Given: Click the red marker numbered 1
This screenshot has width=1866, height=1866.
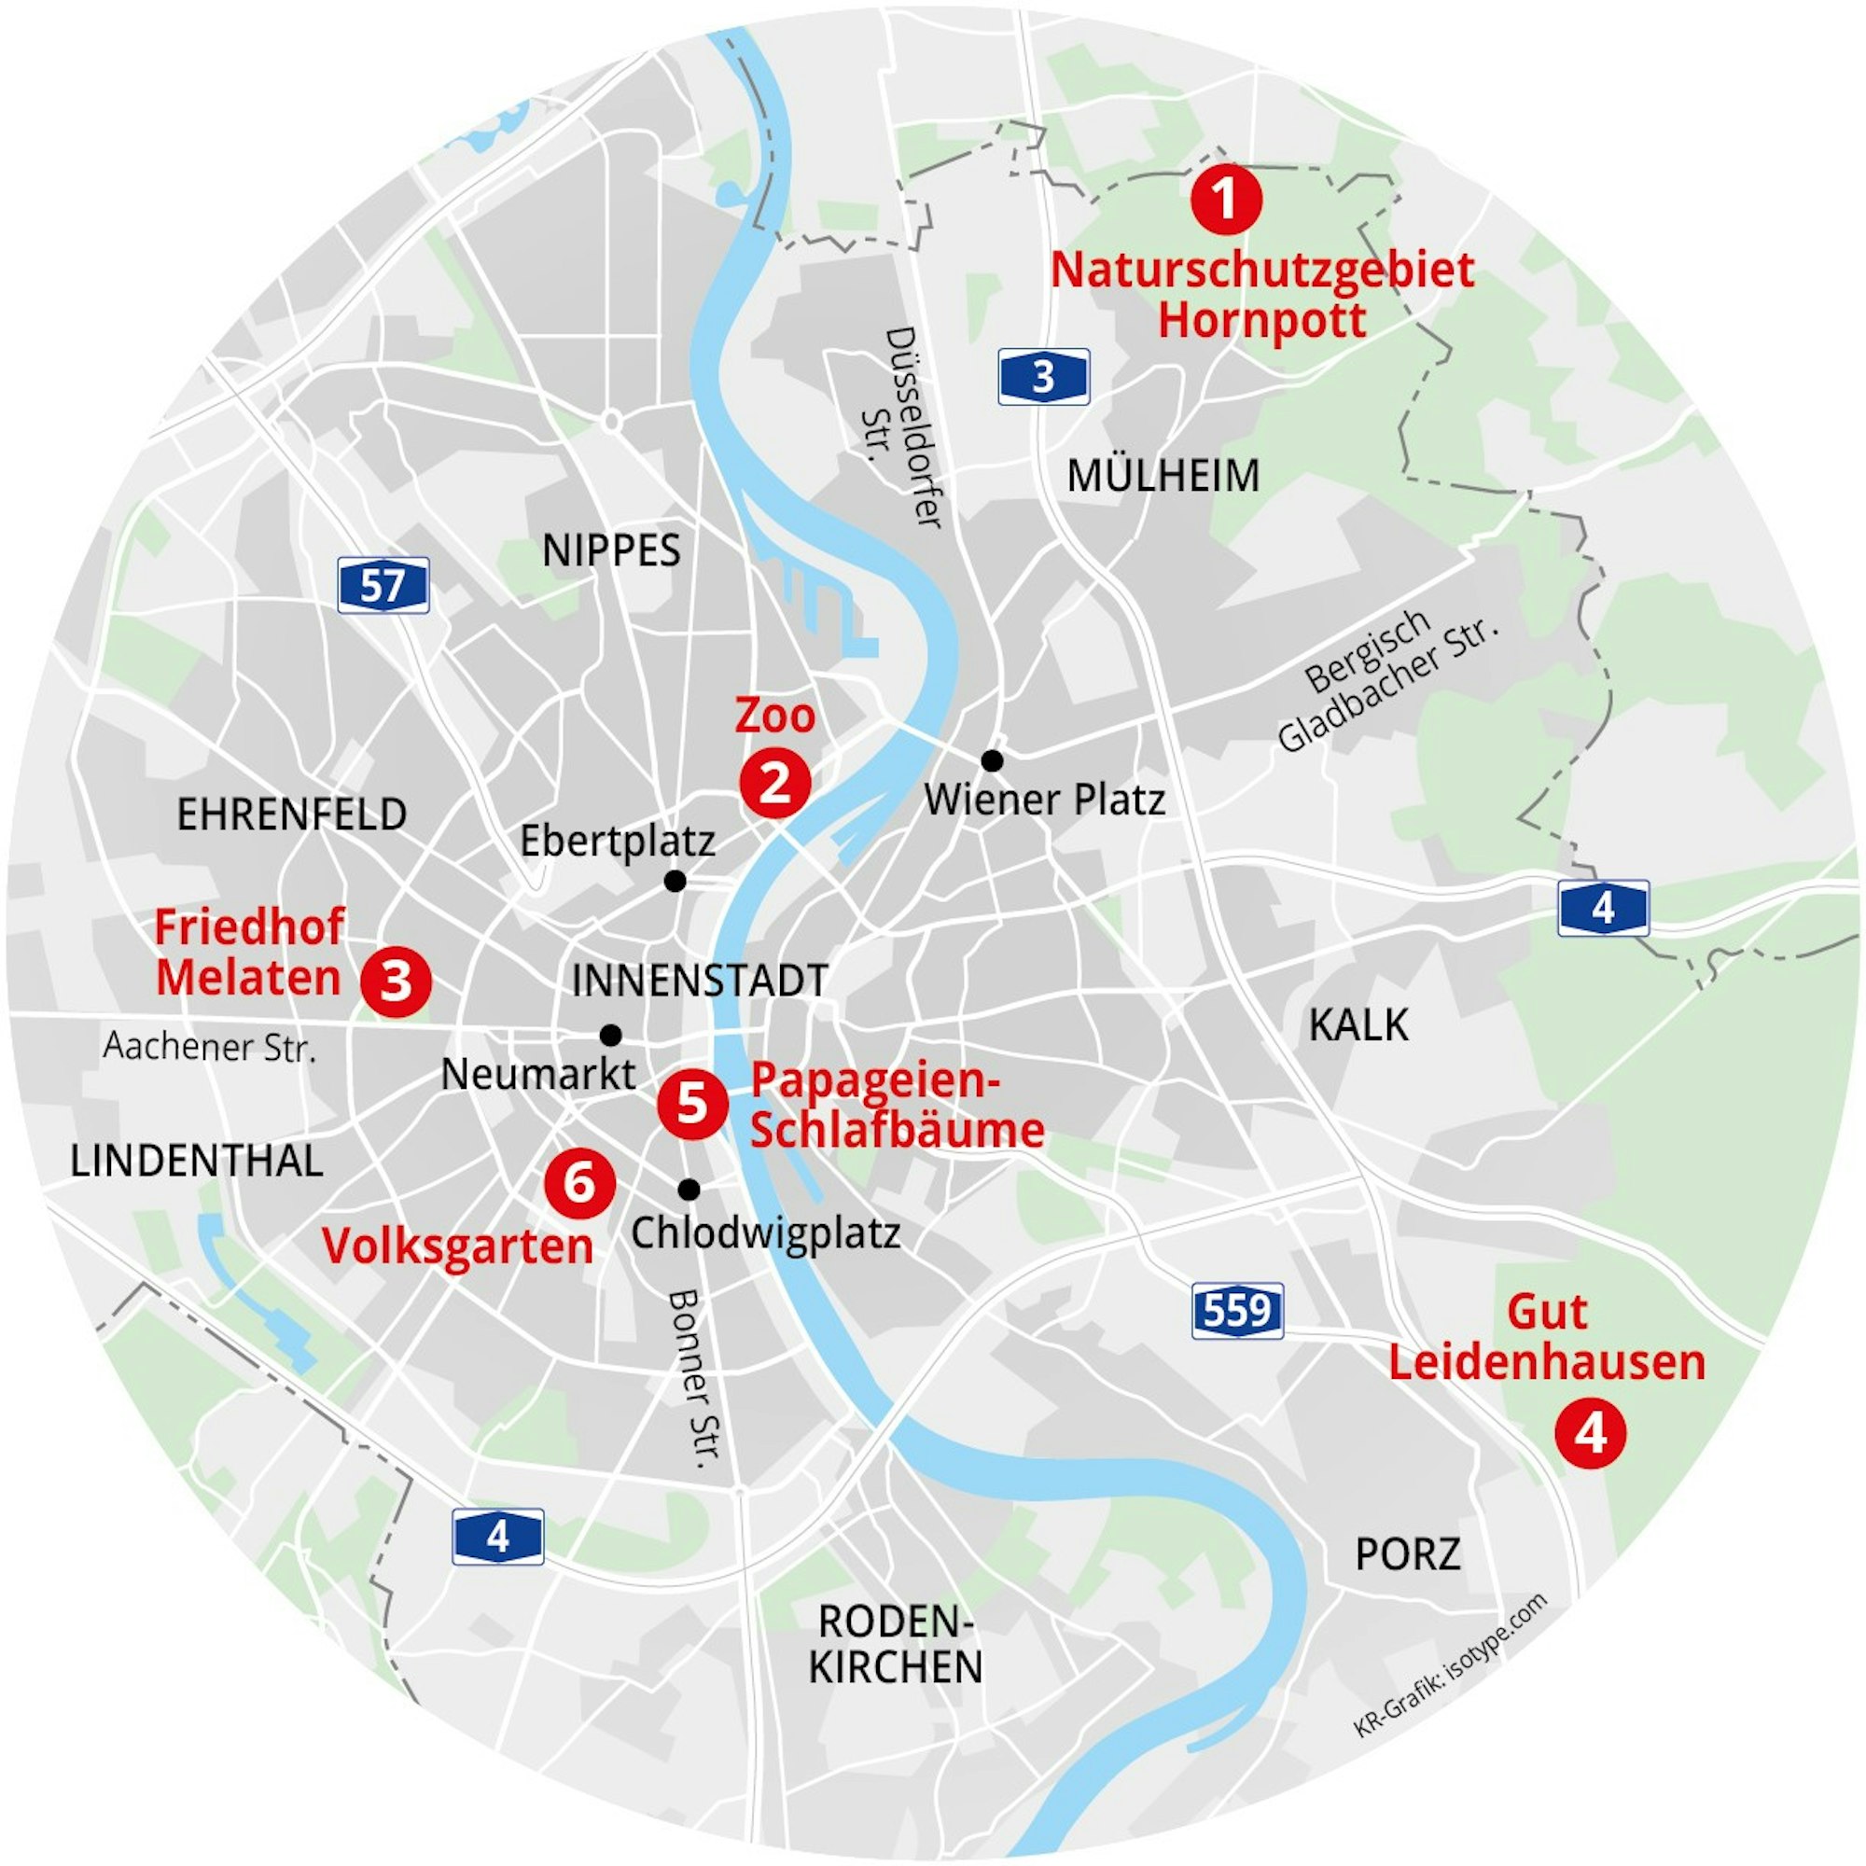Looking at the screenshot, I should (1226, 200).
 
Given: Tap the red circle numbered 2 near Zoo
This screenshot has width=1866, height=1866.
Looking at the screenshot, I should (774, 784).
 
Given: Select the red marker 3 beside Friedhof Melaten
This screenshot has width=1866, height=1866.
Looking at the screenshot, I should (396, 982).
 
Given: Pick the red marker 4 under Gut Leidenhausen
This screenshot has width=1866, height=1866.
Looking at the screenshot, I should (1591, 1433).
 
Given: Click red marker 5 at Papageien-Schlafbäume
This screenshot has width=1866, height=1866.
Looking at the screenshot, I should (692, 1103).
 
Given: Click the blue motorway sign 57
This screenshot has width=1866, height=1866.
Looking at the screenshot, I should (383, 585).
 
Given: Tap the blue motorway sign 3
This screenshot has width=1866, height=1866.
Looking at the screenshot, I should (1043, 377).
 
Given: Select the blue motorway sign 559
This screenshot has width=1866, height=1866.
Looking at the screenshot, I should (1237, 1311).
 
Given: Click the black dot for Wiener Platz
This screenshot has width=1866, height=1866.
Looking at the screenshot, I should (992, 761).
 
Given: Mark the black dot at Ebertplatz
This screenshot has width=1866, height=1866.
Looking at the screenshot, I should (675, 881).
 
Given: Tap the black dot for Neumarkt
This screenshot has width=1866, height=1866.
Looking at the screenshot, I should (610, 1036).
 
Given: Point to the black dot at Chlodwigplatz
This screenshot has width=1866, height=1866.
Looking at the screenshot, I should (689, 1188).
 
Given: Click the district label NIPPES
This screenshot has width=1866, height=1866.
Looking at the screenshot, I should (611, 551).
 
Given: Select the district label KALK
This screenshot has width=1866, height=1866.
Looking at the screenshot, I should (1358, 1025).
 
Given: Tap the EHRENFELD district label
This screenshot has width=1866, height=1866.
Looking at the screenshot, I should (291, 815).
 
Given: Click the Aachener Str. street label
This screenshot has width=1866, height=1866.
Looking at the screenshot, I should (210, 1047).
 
